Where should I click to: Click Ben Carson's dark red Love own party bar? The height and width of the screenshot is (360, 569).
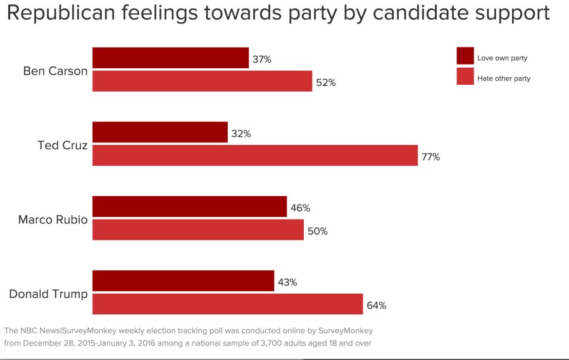(x=170, y=58)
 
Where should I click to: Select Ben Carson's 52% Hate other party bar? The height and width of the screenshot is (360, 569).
(x=202, y=81)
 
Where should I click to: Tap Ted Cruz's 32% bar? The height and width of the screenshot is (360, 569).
(x=159, y=132)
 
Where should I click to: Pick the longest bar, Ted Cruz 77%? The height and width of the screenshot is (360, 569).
(x=255, y=155)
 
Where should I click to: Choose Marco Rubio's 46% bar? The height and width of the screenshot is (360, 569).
(x=189, y=206)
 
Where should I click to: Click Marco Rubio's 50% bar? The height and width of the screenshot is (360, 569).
(x=198, y=230)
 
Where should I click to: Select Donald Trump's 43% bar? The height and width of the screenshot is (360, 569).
(x=183, y=281)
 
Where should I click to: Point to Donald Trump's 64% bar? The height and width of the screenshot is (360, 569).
(x=227, y=304)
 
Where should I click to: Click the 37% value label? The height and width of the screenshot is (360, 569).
(x=262, y=59)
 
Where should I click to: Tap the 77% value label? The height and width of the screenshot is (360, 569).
(x=431, y=157)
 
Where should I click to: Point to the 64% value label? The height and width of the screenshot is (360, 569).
(x=376, y=306)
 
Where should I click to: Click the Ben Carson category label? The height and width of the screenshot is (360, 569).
(x=55, y=71)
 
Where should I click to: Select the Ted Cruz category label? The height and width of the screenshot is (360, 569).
(x=63, y=146)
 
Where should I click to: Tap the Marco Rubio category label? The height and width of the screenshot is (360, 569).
(x=53, y=220)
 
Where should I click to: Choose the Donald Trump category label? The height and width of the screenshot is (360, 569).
(x=48, y=295)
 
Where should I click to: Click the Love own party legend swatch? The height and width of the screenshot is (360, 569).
(x=465, y=56)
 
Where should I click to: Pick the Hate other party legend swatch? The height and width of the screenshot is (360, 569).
(x=465, y=77)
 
